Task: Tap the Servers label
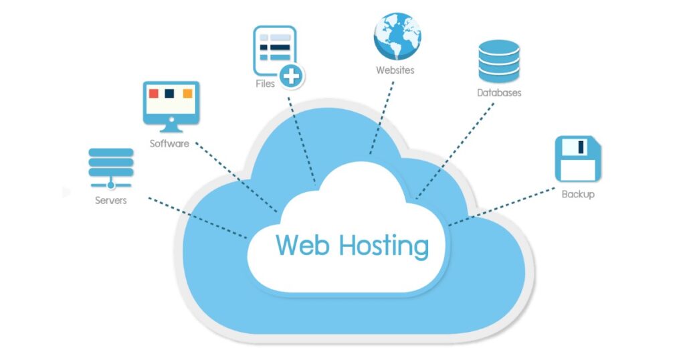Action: (110, 200)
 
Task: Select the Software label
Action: (169, 143)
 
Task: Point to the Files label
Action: (264, 84)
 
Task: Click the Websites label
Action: (395, 70)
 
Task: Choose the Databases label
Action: (498, 93)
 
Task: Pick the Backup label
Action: (578, 194)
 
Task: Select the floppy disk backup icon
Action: (578, 159)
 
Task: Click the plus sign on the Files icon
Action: (291, 76)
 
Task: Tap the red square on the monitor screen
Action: (154, 93)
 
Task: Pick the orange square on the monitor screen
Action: (188, 93)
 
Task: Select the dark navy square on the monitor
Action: (171, 93)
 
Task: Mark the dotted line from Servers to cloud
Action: (197, 217)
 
